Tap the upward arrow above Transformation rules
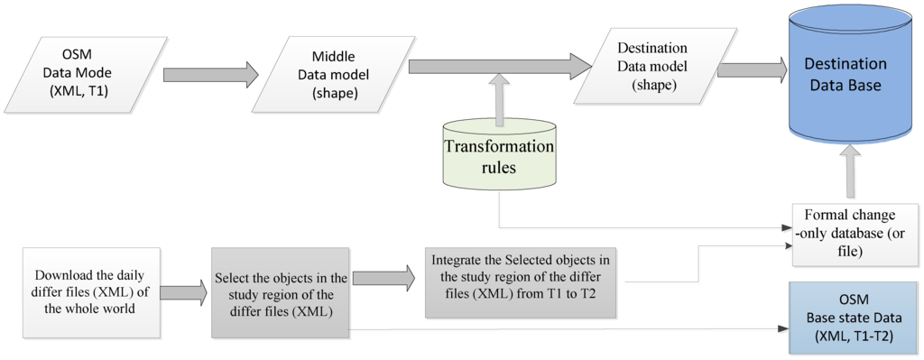point(497,99)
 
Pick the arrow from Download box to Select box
point(183,291)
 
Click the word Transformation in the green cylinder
point(498,148)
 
